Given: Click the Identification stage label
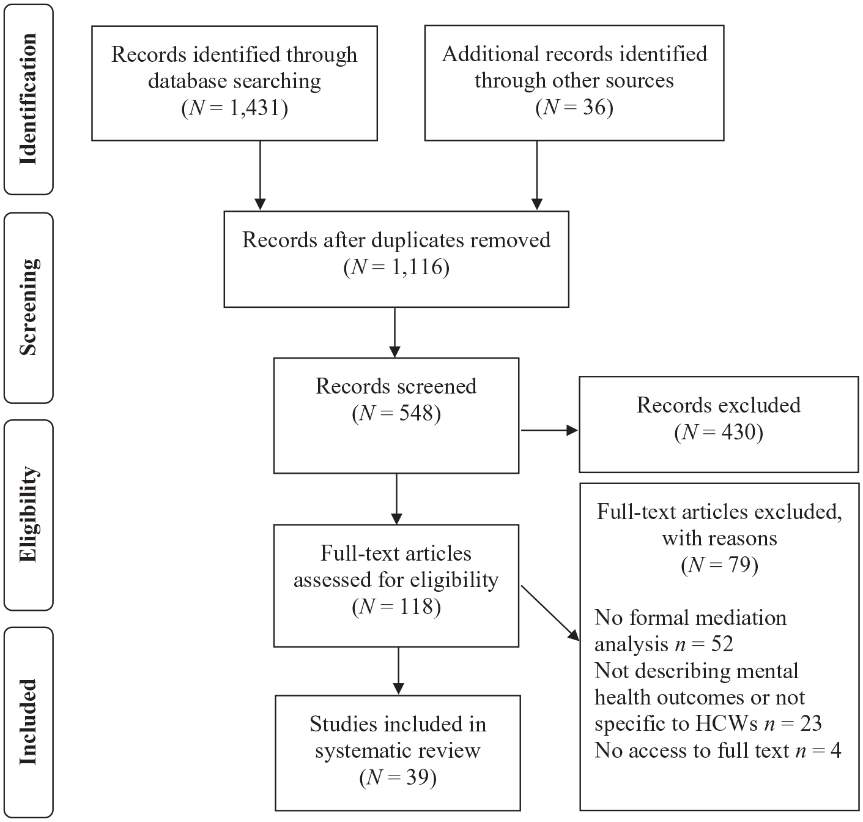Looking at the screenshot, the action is tap(28, 99).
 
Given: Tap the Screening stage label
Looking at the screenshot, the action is tap(28, 307).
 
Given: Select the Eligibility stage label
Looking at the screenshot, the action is tap(28, 515).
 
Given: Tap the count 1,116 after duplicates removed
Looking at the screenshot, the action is tap(417, 267).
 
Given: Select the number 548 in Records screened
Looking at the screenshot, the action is tap(416, 413).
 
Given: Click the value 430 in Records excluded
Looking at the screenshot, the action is tap(738, 432).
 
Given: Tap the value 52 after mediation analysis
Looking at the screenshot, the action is tap(722, 644).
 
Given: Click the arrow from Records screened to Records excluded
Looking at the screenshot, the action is tap(549, 430).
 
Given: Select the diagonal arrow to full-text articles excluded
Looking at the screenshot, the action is tap(550, 613).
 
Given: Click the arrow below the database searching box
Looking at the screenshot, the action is tap(261, 175).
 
